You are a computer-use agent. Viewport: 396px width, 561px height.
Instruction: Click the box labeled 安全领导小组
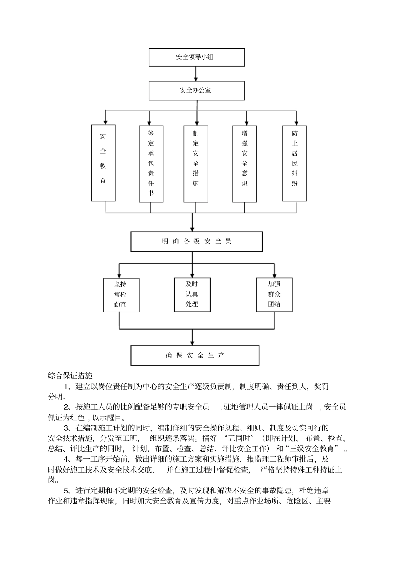tap(196, 57)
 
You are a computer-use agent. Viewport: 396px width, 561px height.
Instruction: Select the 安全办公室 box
tap(196, 90)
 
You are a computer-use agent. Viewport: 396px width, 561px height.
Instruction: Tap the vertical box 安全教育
tap(103, 163)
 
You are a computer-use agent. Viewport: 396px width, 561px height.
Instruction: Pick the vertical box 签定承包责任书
tap(151, 163)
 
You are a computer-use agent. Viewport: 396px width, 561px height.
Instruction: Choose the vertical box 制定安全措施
tap(195, 163)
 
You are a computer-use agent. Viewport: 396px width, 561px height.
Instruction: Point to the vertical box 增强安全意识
tap(244, 163)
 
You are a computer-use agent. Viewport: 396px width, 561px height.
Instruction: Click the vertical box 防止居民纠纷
tap(295, 163)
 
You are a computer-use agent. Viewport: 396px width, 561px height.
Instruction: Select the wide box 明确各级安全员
tap(196, 242)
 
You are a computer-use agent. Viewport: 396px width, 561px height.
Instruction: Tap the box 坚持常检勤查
tap(120, 294)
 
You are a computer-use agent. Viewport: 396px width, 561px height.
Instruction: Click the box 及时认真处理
tap(192, 294)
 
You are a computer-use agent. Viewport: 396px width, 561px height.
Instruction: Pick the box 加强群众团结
tap(274, 294)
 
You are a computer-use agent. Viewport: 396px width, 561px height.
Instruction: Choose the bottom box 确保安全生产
tap(195, 355)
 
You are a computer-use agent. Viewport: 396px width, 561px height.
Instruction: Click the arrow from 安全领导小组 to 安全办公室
tap(196, 74)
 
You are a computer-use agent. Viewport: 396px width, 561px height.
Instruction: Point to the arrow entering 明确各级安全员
tap(192, 223)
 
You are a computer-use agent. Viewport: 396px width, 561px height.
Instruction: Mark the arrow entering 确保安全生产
tap(192, 337)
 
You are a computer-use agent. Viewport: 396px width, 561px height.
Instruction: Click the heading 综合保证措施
tap(70, 376)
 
